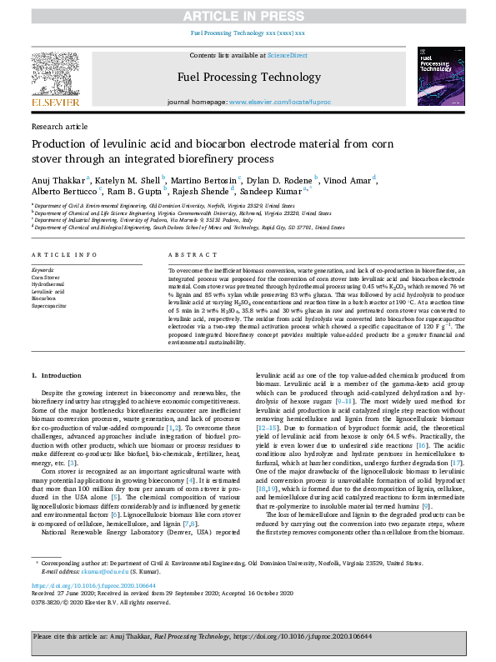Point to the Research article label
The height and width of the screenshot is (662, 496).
pyautogui.click(x=59, y=127)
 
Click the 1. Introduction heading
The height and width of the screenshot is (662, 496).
pyautogui.click(x=56, y=376)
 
